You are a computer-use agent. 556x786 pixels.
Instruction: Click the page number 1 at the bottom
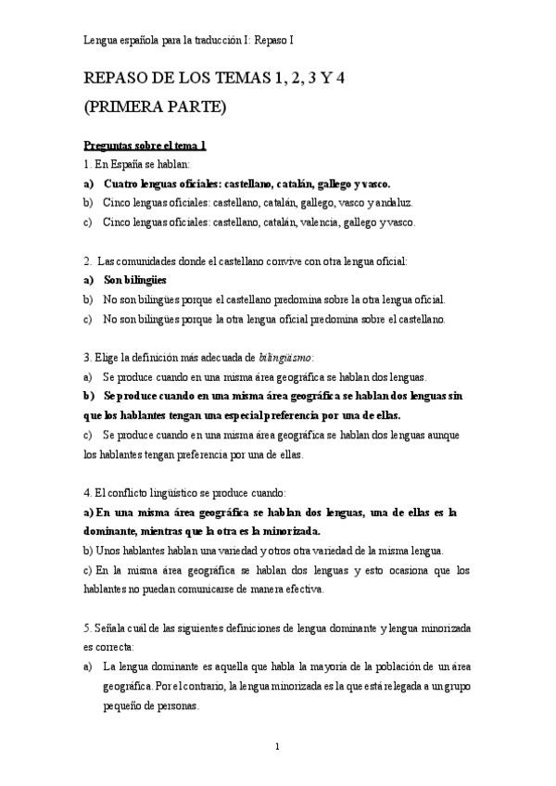coord(278,746)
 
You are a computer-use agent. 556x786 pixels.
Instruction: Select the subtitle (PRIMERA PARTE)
coord(154,108)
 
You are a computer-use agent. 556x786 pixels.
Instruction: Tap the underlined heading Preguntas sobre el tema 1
coord(144,146)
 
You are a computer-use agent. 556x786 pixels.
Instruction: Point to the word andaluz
coord(391,202)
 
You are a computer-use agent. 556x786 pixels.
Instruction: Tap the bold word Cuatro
coord(123,183)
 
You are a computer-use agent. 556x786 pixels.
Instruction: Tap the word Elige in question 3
coord(108,357)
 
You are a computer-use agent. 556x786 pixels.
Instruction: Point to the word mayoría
coord(300,666)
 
